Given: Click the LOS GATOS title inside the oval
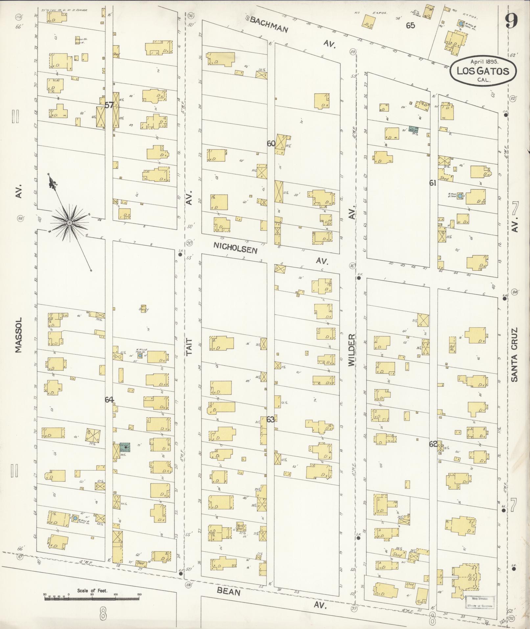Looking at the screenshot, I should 483,71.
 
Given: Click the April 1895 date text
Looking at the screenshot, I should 484,61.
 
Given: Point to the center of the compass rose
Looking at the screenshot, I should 69,223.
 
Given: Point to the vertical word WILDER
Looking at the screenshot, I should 352,350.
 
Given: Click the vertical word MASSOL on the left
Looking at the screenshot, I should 18,335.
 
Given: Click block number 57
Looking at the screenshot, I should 109,105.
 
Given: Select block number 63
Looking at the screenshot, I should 270,419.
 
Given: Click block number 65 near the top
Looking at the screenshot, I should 410,26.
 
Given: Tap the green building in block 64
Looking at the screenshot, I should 125,447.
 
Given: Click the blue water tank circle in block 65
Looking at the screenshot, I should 461,24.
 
